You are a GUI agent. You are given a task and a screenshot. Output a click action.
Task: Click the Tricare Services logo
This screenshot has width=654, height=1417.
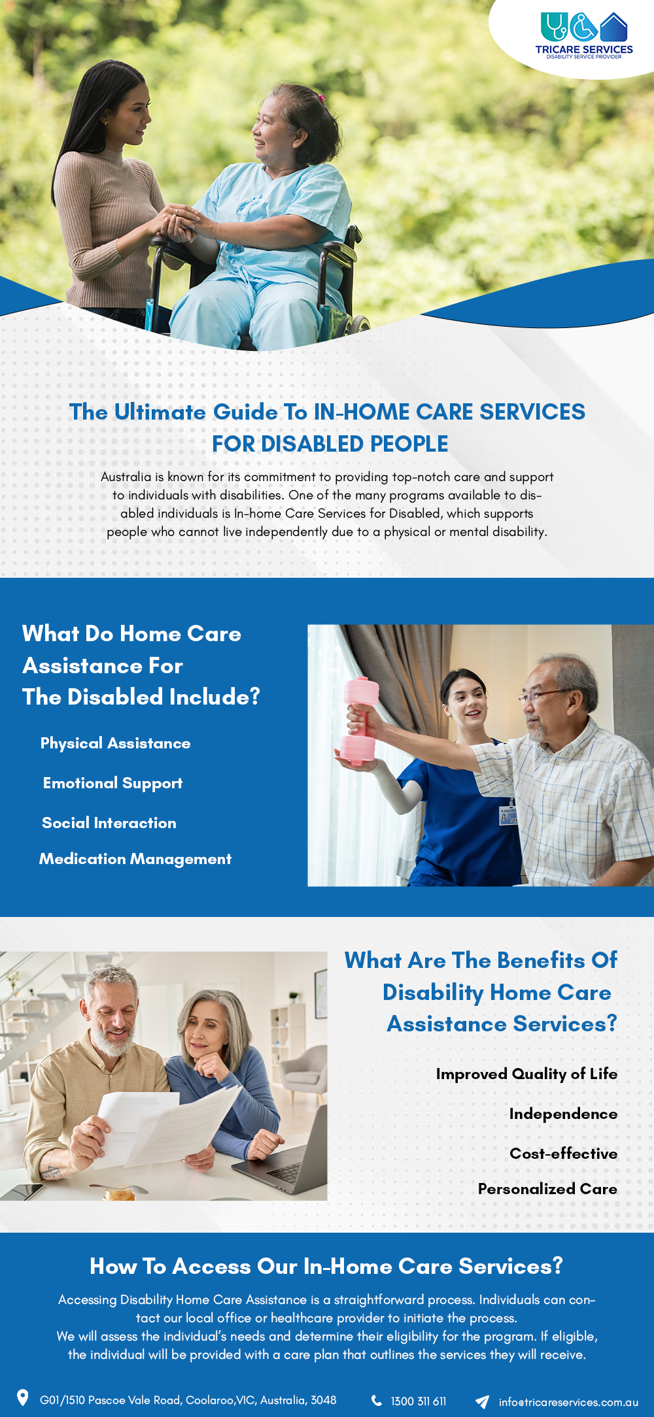pos(584,36)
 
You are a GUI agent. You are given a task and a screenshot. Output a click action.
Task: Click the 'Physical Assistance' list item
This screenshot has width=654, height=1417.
pos(116,743)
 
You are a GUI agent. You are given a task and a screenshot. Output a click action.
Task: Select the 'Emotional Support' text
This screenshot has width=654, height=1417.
pos(112,784)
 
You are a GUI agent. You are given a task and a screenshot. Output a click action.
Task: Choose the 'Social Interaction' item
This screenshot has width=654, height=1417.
pos(109,823)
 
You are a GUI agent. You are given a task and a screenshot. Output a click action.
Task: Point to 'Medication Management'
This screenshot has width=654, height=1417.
pos(135,859)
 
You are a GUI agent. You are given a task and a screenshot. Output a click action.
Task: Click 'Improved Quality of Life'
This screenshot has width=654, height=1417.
pos(526,1074)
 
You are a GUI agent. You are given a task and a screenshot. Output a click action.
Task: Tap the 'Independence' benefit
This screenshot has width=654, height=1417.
pos(563,1114)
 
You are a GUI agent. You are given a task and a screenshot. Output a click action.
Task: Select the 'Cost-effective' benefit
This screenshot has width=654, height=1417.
pos(563,1154)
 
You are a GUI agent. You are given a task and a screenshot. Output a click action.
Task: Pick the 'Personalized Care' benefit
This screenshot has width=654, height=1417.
pos(547,1189)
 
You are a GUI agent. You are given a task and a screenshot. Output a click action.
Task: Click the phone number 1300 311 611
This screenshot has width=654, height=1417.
pos(419,1401)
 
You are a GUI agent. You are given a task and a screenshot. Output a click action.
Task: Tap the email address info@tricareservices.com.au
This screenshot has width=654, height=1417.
pos(568,1402)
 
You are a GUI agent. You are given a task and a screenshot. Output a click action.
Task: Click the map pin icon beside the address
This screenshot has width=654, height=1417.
pos(22,1397)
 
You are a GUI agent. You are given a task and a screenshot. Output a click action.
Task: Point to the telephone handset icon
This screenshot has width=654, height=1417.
pos(377,1400)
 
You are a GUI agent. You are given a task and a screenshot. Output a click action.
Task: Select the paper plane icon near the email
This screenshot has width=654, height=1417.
pos(482,1401)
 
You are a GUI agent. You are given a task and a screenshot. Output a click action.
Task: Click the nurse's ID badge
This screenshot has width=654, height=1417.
pos(508,816)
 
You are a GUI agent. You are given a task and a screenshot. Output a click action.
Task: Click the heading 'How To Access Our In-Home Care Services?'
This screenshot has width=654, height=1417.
pos(326,1266)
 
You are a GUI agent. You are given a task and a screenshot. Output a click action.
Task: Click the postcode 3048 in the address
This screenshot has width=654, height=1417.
pos(324,1400)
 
